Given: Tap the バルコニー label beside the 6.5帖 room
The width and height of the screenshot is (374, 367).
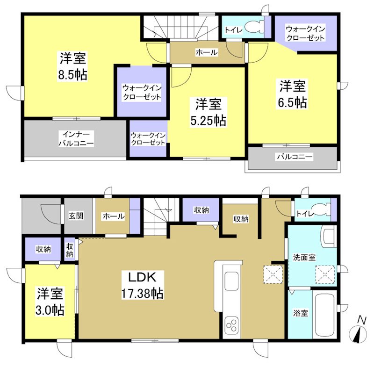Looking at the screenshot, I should pos(295,157).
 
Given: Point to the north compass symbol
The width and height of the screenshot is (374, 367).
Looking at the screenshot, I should pos(358,332).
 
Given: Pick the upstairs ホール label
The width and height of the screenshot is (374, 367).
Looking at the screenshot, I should pos(206,52).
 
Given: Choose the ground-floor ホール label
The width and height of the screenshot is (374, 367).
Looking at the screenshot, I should pos(113,216).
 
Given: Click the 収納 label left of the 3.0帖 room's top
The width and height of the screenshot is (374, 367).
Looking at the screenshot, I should pos(43,249).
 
